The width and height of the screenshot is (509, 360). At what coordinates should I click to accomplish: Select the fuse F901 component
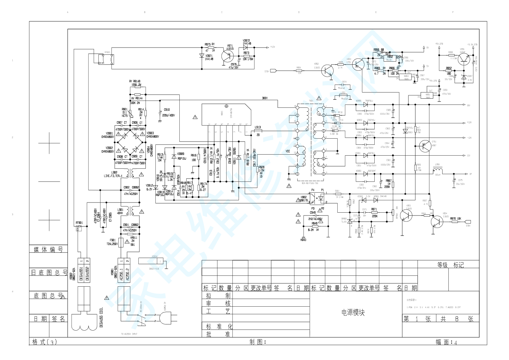(121, 242)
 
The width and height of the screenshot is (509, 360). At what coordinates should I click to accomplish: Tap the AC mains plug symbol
(165, 319)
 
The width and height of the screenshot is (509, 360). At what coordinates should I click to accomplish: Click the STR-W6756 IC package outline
(226, 114)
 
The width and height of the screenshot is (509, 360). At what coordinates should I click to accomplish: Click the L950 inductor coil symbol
(438, 170)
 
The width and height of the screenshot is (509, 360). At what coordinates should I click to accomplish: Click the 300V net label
(265, 98)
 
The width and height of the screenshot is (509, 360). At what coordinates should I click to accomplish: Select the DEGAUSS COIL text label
(101, 318)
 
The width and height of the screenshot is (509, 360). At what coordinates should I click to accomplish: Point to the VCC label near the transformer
(288, 151)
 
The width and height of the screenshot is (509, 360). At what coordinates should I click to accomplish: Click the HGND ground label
(303, 240)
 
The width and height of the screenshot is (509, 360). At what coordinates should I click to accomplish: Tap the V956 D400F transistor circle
(463, 59)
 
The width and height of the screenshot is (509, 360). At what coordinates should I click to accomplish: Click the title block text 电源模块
(353, 312)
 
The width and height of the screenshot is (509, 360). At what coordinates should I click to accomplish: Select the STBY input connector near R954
(274, 71)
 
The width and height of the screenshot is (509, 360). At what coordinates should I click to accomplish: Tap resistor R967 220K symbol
(393, 185)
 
